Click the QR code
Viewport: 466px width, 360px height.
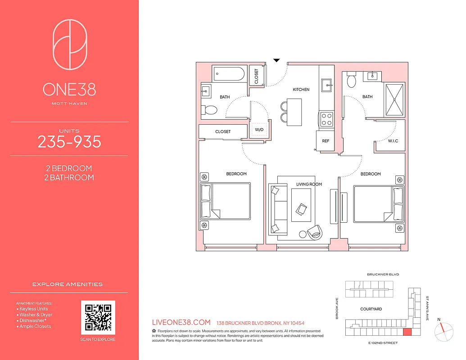(x=98, y=318)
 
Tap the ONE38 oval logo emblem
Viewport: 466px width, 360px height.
(x=70, y=44)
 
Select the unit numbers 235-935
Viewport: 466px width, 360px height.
(x=69, y=142)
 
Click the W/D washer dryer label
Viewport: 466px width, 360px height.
(x=259, y=130)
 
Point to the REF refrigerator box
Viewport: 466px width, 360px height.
(x=326, y=141)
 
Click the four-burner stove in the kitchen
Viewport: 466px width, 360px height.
(x=326, y=119)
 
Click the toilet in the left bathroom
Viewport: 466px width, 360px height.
(x=209, y=109)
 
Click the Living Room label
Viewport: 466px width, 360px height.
(x=309, y=184)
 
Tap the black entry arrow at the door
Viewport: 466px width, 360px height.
(x=277, y=60)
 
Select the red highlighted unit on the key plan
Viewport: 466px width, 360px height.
(x=407, y=332)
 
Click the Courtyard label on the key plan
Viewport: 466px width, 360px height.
(x=371, y=309)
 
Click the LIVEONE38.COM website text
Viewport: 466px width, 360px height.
(x=181, y=322)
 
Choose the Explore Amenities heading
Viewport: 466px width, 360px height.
(x=68, y=284)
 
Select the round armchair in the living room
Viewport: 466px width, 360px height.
(x=315, y=231)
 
